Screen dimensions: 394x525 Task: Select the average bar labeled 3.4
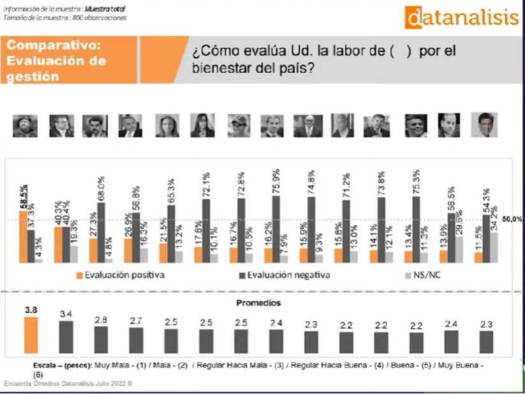[x=66, y=337]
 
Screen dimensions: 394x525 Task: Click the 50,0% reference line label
[x=512, y=219]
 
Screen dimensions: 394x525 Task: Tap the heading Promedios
[x=259, y=303]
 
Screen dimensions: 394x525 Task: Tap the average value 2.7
[x=136, y=320]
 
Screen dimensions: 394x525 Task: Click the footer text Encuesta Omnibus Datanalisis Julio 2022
[x=67, y=384]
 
